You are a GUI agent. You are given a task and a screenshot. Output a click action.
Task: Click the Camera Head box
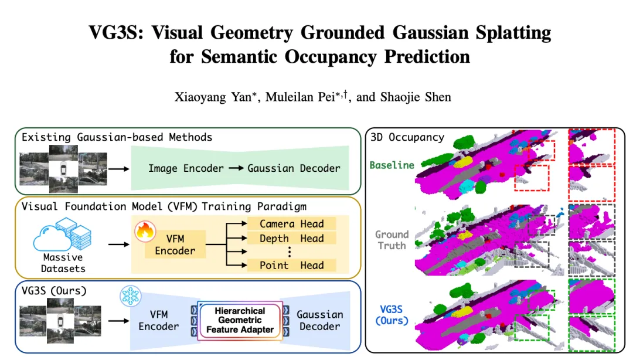291,224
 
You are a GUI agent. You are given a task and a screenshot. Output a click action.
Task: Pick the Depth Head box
291,238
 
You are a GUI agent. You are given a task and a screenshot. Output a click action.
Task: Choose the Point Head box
291,265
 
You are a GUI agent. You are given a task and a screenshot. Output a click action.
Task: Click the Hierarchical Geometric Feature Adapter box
239,320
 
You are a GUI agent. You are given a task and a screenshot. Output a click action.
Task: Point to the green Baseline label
392,165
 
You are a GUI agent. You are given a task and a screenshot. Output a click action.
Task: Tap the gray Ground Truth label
392,240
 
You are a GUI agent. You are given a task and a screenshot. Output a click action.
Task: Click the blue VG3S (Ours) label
392,315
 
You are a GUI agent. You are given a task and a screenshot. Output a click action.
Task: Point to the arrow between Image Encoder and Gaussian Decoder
236,168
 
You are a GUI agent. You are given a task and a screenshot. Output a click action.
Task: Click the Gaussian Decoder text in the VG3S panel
319,320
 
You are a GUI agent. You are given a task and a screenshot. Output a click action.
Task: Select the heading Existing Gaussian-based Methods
117,137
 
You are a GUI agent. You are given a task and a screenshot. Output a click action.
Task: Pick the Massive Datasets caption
63,263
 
